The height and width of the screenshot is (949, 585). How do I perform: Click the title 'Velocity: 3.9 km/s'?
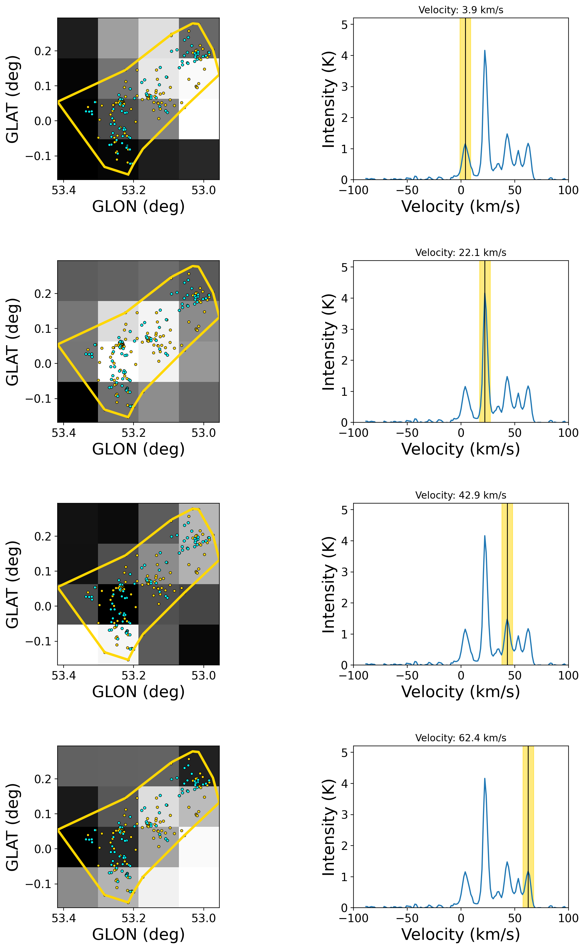pos(460,10)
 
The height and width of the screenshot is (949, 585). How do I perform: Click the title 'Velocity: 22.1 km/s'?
pos(460,252)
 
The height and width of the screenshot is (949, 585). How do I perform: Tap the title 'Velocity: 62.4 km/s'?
pos(460,738)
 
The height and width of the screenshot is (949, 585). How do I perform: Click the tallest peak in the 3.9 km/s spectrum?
pos(484,51)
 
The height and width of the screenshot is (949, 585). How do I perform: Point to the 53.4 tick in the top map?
pos(64,190)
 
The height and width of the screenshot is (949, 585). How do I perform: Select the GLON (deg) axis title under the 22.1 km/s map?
pos(138,449)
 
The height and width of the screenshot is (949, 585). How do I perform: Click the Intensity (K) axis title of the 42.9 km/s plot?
pos(328,584)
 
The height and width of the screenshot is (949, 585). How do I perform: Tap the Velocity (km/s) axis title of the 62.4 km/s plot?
pos(460,934)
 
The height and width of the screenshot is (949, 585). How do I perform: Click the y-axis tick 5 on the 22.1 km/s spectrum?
pos(344,267)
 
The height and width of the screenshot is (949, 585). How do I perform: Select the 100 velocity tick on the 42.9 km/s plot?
pos(568,676)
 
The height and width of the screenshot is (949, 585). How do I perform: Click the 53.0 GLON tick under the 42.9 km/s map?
pos(203,676)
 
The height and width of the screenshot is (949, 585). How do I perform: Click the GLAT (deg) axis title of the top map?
pos(12,99)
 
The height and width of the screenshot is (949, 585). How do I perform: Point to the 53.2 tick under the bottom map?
pos(134,918)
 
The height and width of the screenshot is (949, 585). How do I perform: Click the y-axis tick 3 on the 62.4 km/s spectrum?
pos(344,815)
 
